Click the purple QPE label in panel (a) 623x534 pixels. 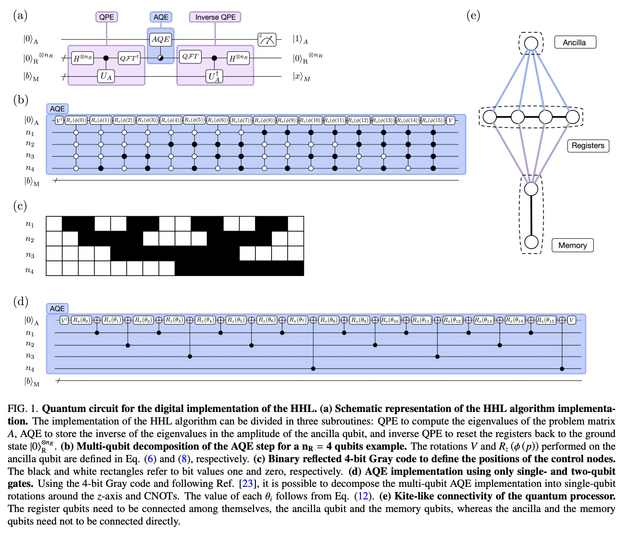coord(106,17)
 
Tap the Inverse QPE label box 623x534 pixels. coord(215,17)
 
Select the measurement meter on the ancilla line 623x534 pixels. coord(267,39)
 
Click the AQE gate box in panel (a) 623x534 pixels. coord(161,39)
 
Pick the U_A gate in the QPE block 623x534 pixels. coord(106,76)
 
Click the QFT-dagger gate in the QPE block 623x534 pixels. coord(129,58)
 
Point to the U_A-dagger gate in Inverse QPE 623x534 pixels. coord(214,76)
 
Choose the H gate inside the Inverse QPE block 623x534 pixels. coord(238,58)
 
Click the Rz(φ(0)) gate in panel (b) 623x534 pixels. coord(77,120)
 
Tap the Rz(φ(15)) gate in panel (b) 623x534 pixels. coord(433,120)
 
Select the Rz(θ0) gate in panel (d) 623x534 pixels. coord(81,320)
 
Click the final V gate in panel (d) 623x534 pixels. coord(571,320)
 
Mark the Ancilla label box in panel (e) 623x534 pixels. coord(575,43)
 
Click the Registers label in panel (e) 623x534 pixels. coord(588,145)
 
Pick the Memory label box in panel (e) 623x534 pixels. coord(572,245)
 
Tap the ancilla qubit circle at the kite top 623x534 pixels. coord(531,43)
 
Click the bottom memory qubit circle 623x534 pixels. coord(531,242)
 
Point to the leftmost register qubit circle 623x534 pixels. coord(490,117)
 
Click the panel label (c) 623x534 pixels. coord(20,206)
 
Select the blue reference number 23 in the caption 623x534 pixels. coord(247,484)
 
